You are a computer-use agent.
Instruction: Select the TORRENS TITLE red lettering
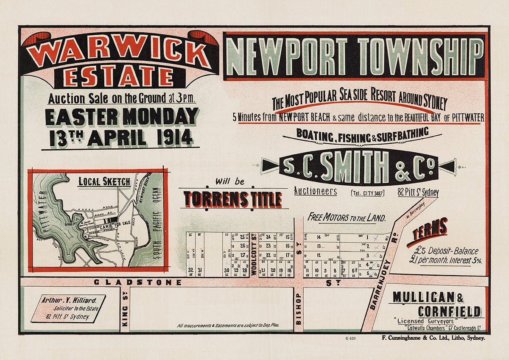233,199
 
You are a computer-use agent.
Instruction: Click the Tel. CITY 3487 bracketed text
367,193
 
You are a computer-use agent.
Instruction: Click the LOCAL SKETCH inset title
104,181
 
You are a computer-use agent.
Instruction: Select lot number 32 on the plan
191,270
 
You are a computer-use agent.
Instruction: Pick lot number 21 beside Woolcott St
263,270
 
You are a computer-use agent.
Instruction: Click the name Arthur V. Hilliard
69,300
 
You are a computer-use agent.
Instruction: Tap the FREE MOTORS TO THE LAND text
347,218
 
